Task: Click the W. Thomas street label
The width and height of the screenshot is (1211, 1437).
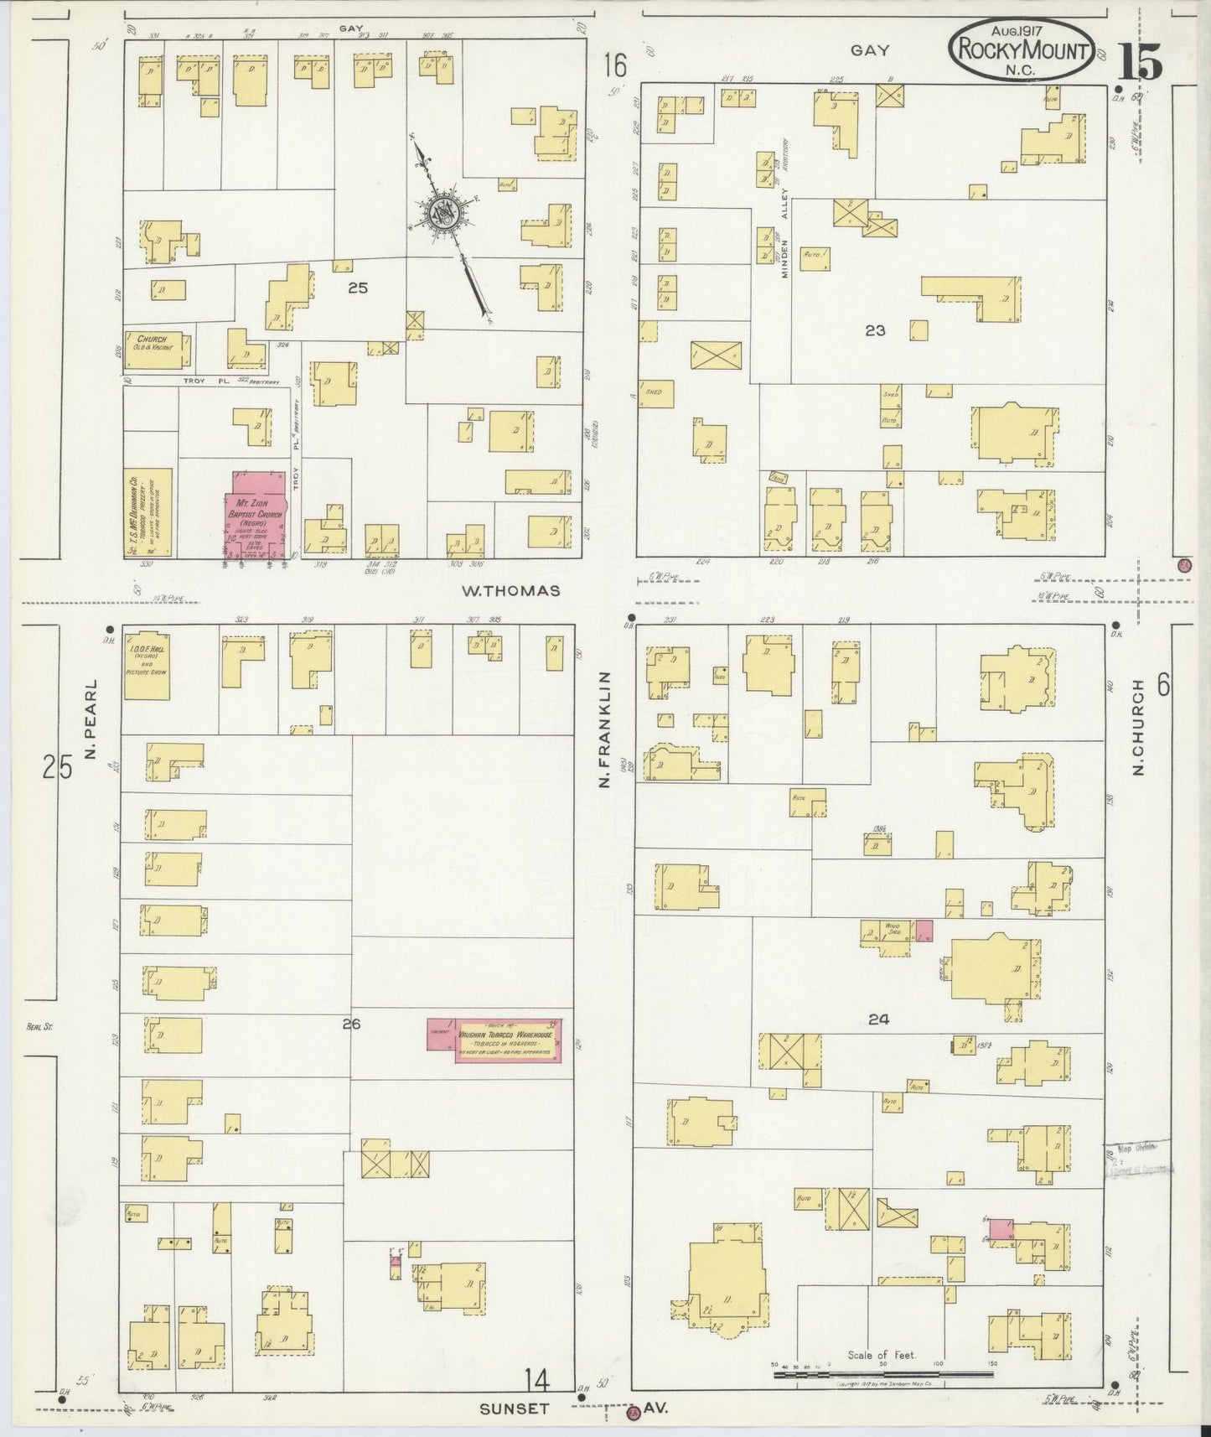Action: (510, 590)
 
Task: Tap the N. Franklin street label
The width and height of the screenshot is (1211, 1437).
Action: (602, 729)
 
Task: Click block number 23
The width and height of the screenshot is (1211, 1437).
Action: (875, 331)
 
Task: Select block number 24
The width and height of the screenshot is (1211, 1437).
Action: (877, 1019)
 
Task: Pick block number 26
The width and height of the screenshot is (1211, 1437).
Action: (351, 1023)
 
